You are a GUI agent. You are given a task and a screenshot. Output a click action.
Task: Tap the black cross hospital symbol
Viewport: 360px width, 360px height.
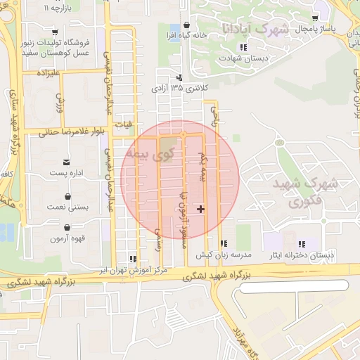coord(202,209)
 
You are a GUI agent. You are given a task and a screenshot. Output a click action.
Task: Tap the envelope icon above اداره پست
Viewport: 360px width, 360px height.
coord(67,161)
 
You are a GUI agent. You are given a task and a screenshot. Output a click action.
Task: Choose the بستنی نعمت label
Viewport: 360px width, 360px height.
coord(67,207)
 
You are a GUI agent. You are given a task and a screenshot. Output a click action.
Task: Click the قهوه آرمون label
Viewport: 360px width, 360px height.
coord(67,238)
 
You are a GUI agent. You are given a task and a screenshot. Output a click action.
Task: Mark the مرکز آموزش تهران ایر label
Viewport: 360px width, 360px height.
coord(134,270)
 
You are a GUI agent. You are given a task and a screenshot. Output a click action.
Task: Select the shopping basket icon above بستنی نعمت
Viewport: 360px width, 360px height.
coord(67,196)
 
